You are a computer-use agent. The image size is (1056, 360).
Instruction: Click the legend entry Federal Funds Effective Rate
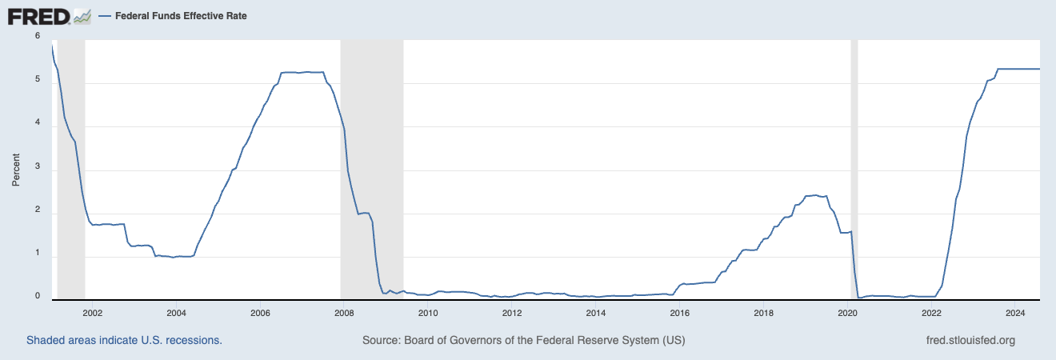tap(173, 16)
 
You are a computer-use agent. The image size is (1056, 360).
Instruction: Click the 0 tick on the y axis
tap(38, 296)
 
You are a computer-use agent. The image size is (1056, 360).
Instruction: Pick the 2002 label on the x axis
tap(92, 313)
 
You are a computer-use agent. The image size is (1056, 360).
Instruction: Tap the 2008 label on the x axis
tap(343, 313)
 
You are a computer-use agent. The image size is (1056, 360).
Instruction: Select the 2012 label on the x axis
tap(511, 313)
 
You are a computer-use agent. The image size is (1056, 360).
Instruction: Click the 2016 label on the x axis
tap(679, 313)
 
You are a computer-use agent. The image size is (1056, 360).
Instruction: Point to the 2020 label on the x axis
tap(847, 313)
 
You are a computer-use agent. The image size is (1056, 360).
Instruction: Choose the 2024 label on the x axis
tap(1015, 313)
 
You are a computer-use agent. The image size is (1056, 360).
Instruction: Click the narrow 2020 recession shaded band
tap(854, 168)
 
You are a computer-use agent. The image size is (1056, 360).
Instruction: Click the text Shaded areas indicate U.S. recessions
tap(124, 340)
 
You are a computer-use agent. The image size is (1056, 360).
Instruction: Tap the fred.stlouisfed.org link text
tap(970, 340)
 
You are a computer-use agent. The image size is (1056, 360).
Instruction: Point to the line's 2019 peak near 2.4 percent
tap(814, 194)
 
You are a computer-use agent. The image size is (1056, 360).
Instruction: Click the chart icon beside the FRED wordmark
tap(82, 16)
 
